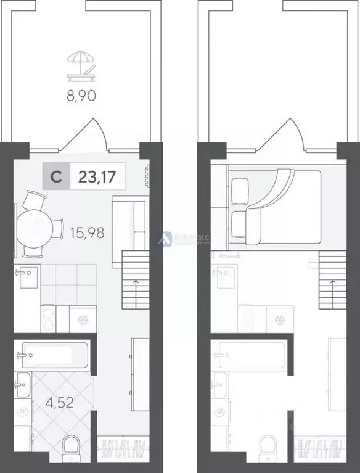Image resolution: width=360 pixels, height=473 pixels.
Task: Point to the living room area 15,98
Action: point(87,234)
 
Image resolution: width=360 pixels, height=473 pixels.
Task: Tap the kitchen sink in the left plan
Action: point(28,277)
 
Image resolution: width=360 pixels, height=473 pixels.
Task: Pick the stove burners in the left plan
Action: point(48,319)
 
